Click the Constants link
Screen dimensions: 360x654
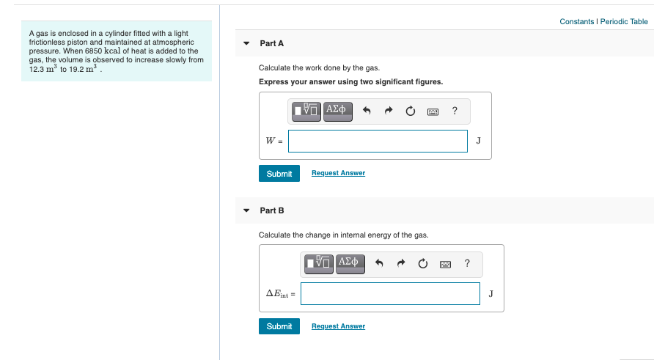click(576, 21)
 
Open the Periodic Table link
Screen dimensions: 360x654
click(624, 21)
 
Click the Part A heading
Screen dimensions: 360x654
click(271, 43)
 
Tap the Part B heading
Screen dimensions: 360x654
click(271, 210)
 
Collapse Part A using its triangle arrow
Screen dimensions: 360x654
click(246, 43)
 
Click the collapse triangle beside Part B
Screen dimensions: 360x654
click(246, 210)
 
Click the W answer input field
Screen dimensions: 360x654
click(378, 141)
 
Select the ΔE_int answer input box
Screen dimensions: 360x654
click(390, 293)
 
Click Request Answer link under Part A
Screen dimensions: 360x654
click(338, 173)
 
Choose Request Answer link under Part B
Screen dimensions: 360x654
click(338, 326)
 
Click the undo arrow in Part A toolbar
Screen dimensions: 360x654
click(368, 111)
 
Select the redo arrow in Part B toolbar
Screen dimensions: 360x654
click(401, 264)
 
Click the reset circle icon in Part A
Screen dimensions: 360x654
click(411, 111)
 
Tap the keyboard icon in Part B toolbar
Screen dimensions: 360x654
click(445, 264)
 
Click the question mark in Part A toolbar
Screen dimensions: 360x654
click(455, 111)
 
